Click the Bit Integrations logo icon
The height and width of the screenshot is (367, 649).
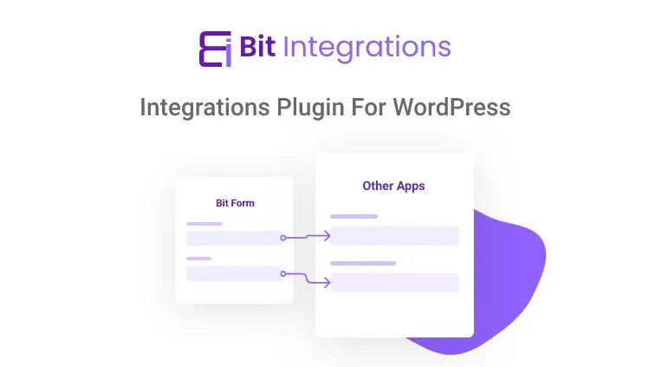[x=213, y=49]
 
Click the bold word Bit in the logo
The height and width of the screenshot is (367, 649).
[x=257, y=48]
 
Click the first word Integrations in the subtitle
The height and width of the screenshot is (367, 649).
[x=202, y=108]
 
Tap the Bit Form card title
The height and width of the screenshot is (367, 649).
[x=235, y=203]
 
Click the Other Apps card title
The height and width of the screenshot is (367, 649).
[x=393, y=186]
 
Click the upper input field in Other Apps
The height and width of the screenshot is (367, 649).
[x=394, y=236]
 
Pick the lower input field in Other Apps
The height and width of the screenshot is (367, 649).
[x=394, y=283]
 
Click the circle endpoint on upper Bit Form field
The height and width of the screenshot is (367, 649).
[x=283, y=238]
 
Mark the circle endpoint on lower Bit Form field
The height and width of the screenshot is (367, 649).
[x=283, y=273]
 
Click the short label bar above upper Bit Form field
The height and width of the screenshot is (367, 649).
[x=204, y=224]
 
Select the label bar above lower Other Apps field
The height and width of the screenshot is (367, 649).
[x=362, y=263]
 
